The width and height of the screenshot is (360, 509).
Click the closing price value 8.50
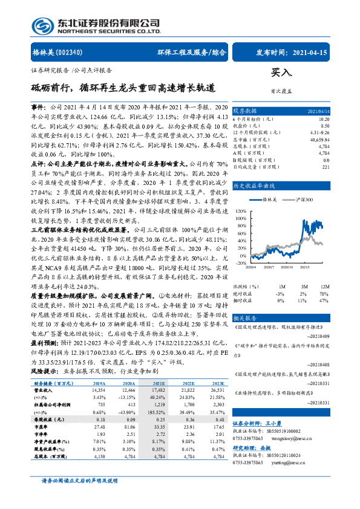click(x=325, y=126)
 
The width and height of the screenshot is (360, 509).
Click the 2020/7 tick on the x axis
click(x=271, y=267)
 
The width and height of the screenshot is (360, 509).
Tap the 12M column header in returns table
click(x=325, y=286)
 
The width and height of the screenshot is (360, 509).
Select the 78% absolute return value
click(x=325, y=293)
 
